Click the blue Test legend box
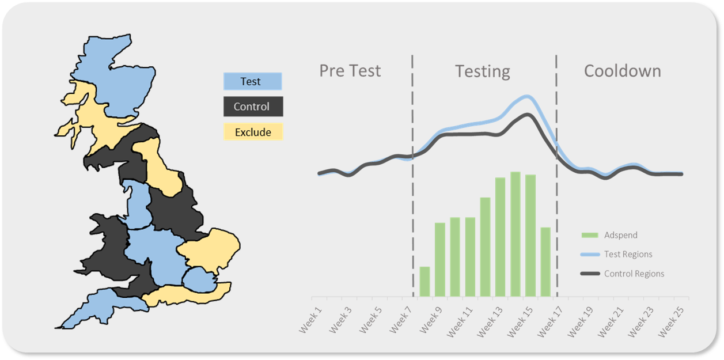tap(252, 81)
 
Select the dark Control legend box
tap(252, 107)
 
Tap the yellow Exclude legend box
tap(252, 132)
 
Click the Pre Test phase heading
tap(350, 71)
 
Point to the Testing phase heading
tap(483, 71)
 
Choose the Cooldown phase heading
tap(622, 71)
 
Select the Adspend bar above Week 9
tap(440, 259)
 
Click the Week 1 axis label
tap(312, 321)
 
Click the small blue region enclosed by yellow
tap(198, 281)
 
